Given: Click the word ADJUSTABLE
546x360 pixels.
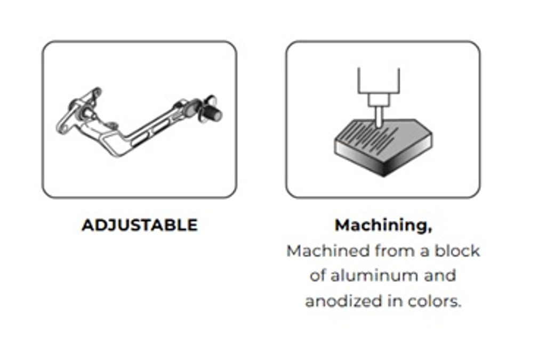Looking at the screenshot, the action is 140,225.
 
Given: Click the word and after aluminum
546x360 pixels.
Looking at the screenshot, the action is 440,276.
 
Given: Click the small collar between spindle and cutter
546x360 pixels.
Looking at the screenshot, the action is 379,100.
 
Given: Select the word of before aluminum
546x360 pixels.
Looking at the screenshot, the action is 318,276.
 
